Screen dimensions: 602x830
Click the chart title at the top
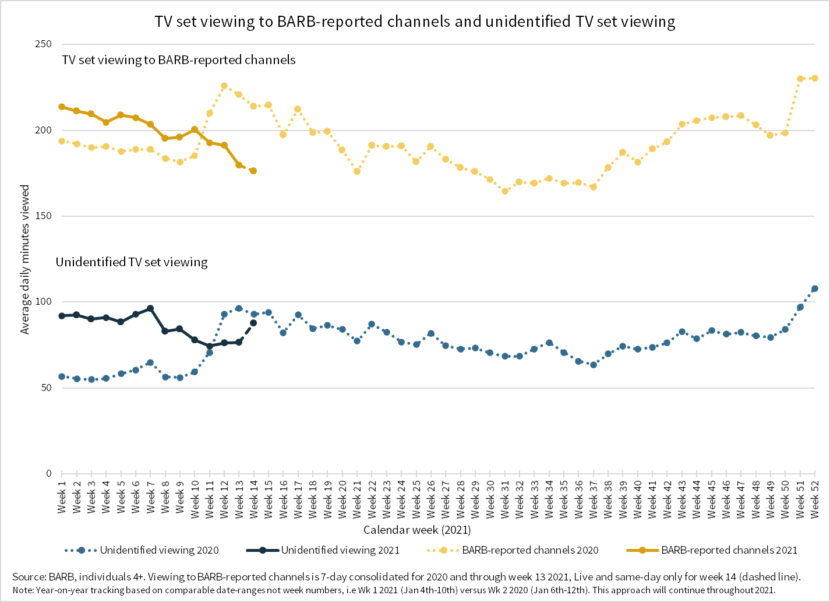415,22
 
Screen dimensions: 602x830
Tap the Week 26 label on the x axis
431,497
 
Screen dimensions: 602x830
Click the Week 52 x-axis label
815,497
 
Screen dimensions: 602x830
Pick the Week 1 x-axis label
62,497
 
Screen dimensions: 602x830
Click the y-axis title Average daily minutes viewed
25,259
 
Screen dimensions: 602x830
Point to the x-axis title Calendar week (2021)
417,530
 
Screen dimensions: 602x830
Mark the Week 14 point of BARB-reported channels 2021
253,171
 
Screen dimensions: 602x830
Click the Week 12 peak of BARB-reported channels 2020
224,86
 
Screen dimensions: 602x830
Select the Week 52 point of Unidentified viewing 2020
815,288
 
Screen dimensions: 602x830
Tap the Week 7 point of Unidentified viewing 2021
150,308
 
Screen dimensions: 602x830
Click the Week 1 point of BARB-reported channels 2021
62,107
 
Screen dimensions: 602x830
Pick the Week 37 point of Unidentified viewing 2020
594,365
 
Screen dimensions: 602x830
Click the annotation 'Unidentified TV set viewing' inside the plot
132,262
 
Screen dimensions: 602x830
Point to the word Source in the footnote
29,577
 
